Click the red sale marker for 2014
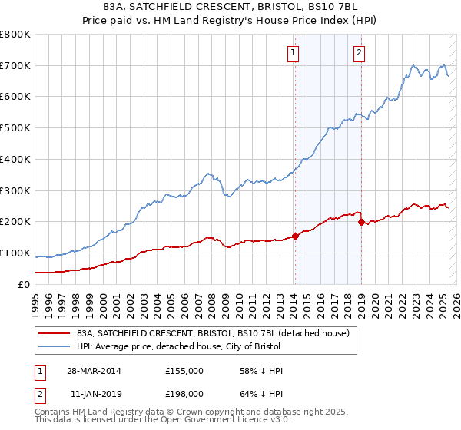[x=295, y=236]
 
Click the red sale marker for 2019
[x=360, y=222]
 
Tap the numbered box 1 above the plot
[x=294, y=53]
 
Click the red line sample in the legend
[x=55, y=333]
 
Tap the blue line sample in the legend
[x=55, y=346]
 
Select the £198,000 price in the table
[x=184, y=394]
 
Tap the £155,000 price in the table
[x=184, y=371]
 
